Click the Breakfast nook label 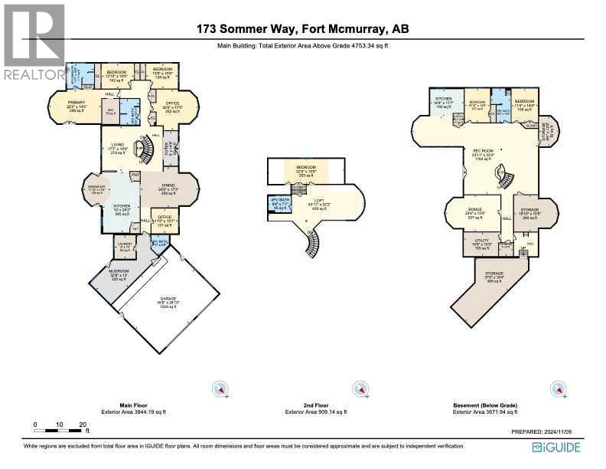point(96,190)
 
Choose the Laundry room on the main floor point(123,247)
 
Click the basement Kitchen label point(444,103)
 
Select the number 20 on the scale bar point(83,425)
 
